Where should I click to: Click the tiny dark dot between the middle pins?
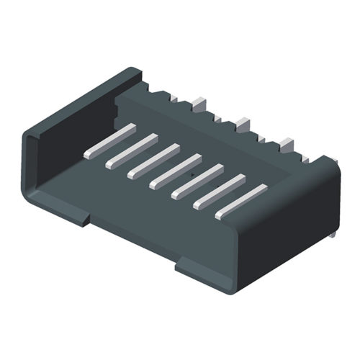pos(194,173)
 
